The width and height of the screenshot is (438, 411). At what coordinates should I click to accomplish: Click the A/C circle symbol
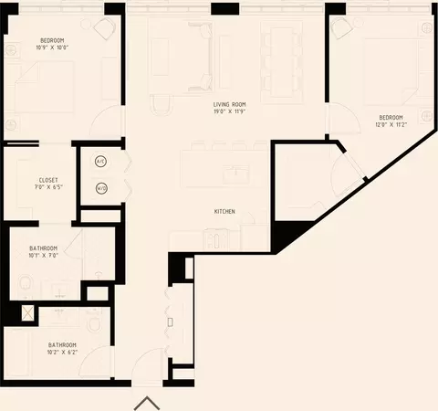[100, 162]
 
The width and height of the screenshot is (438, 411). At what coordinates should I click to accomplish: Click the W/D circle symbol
[101, 188]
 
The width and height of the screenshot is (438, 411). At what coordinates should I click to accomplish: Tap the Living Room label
[229, 104]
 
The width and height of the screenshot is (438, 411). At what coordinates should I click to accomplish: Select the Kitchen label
[224, 211]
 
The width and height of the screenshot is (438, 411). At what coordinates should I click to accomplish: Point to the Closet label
[48, 180]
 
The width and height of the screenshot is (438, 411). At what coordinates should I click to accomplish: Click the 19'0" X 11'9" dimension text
[229, 111]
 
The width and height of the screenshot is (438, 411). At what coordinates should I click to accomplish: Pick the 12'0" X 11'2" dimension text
[391, 124]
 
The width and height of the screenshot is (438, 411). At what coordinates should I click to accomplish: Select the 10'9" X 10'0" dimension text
[52, 47]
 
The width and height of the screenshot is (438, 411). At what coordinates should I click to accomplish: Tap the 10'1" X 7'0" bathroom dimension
[44, 256]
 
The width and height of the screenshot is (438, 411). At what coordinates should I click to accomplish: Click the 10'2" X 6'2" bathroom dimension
[62, 353]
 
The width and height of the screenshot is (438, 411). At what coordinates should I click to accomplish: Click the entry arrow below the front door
[147, 403]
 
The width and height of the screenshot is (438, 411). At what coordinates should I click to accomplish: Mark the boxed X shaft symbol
[28, 313]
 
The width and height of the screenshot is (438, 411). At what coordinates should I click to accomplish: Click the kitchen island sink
[236, 174]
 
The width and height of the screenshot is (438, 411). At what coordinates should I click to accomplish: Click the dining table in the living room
[282, 62]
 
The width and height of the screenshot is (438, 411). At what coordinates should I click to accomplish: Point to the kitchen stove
[215, 240]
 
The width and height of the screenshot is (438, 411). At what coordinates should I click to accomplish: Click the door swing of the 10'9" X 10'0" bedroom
[106, 121]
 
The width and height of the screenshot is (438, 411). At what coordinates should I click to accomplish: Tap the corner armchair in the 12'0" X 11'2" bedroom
[342, 27]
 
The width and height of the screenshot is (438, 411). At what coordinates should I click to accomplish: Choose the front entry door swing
[148, 366]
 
